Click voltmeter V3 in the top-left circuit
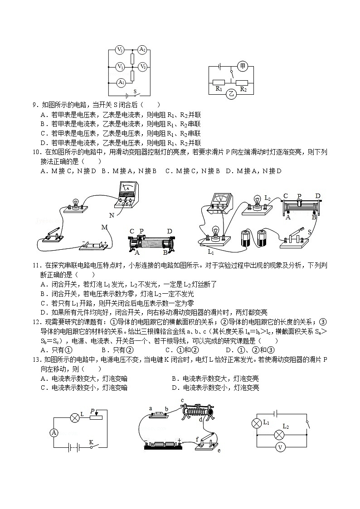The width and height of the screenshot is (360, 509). tap(142, 67)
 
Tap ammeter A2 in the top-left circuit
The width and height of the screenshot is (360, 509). tap(142, 49)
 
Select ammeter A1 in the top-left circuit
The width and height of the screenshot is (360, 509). tap(121, 82)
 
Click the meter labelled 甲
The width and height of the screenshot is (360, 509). tap(243, 67)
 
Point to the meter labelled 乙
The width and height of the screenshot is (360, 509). tap(232, 94)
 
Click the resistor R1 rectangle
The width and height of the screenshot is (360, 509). tap(219, 82)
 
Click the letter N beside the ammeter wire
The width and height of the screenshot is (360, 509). tap(112, 215)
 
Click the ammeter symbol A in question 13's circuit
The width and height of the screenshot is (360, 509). tap(54, 433)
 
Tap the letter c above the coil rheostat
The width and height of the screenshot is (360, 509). tap(182, 400)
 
